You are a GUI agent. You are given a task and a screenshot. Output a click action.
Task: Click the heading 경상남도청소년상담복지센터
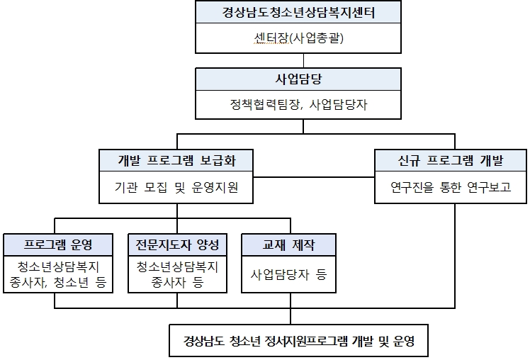click(x=298, y=13)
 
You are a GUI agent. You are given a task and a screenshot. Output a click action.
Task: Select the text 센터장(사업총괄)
click(x=298, y=38)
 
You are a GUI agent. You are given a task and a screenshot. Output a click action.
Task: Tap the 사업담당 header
click(x=298, y=79)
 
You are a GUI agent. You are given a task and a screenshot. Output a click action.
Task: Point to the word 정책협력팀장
click(x=264, y=104)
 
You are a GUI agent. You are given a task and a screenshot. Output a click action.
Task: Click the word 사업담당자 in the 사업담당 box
click(x=338, y=104)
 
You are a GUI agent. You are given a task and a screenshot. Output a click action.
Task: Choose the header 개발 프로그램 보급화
click(x=176, y=160)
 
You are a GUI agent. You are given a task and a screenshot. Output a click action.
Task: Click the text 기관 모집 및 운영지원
click(x=176, y=187)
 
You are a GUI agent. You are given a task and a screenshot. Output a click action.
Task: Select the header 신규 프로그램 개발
click(x=451, y=160)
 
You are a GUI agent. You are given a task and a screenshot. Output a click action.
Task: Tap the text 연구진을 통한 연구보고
click(x=451, y=187)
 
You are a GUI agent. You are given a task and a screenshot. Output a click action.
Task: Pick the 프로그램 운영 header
click(x=58, y=244)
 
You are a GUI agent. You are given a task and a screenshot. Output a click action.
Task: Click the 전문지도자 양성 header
click(x=177, y=244)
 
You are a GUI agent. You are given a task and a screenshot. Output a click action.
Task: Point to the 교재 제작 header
click(x=288, y=244)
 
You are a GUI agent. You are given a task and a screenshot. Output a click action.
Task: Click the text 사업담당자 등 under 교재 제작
click(x=288, y=274)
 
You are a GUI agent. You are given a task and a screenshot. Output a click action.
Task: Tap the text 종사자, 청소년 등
click(x=58, y=282)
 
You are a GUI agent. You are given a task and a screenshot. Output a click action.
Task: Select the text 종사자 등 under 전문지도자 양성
click(x=177, y=282)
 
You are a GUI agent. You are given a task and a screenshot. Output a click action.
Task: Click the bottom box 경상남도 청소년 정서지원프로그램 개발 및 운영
click(x=299, y=341)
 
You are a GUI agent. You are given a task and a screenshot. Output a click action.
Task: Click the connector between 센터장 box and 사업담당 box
click(x=303, y=60)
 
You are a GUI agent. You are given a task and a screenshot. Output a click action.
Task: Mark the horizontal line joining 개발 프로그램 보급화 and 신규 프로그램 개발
click(x=314, y=176)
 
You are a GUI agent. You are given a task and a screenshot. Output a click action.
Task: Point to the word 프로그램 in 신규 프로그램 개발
click(x=451, y=160)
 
